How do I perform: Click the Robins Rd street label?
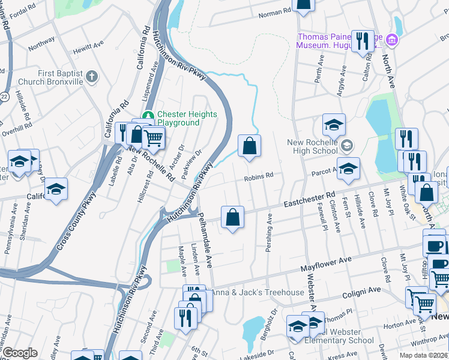258,176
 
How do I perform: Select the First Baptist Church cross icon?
91,76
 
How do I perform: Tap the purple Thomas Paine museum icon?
392,40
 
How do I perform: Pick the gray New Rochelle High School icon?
346,145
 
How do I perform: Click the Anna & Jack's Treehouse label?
257,292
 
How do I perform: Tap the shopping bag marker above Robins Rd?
249,146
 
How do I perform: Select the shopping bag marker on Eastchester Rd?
232,218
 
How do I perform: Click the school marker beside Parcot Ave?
348,169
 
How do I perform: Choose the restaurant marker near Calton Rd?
362,41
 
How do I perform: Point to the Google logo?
20,352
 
